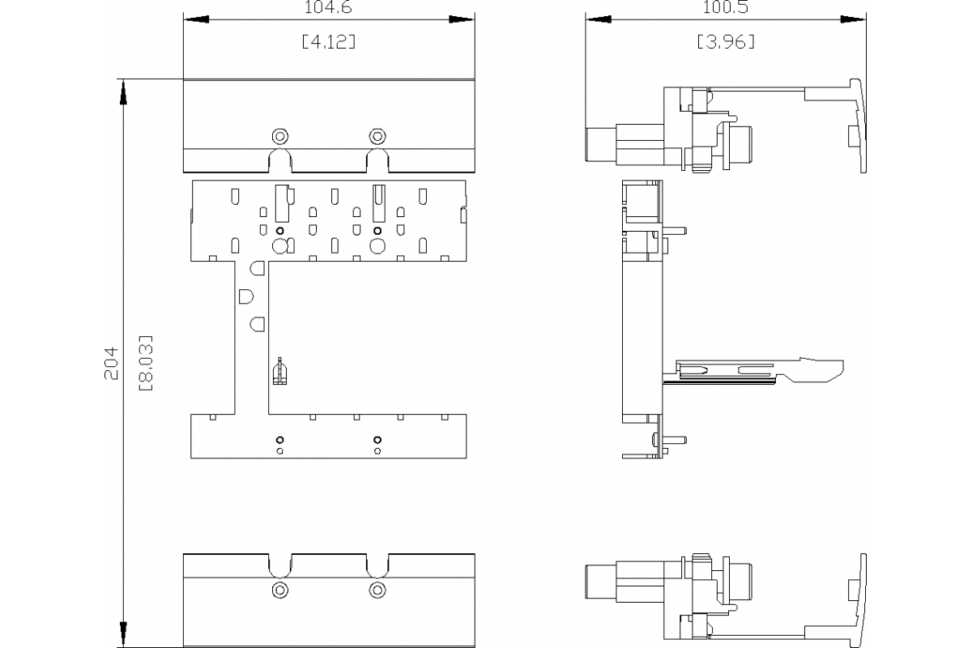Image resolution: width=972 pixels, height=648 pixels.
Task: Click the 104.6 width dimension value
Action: (x=328, y=6)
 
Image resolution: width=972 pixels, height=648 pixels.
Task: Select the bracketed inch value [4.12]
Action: (x=328, y=41)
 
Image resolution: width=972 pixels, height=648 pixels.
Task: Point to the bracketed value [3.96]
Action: (x=726, y=41)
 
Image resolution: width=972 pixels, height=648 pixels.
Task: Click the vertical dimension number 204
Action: (x=112, y=363)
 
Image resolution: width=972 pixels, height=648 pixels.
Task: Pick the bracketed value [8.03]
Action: (x=146, y=363)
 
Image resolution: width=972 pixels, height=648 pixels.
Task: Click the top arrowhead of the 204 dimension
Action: (x=122, y=92)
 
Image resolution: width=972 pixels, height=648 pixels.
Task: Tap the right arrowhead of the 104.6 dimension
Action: (x=463, y=18)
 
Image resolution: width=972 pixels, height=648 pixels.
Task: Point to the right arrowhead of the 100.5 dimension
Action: (x=852, y=18)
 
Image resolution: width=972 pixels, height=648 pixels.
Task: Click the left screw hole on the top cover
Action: (x=280, y=134)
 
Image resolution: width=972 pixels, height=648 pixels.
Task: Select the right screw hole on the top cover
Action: (x=376, y=134)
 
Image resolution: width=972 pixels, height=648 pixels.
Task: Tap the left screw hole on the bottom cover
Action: (x=280, y=590)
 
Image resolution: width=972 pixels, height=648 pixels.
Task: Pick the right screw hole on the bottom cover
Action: (x=376, y=590)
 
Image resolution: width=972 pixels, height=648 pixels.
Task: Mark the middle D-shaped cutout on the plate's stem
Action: (x=246, y=296)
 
